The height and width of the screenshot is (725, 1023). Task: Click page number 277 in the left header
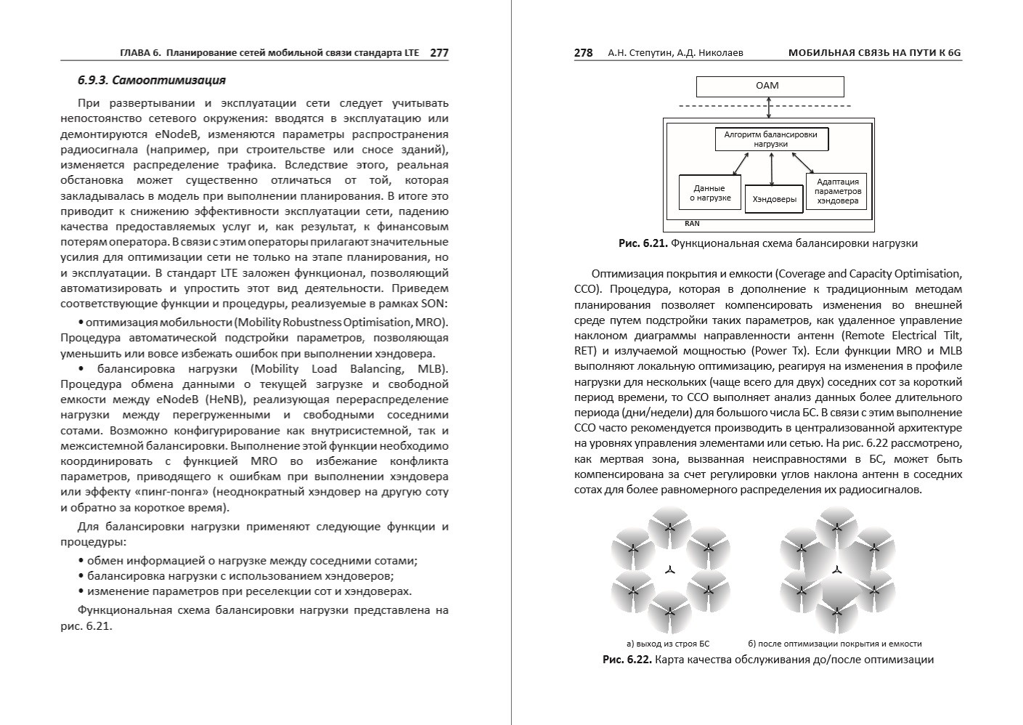[439, 52]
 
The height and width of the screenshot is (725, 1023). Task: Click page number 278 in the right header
[583, 52]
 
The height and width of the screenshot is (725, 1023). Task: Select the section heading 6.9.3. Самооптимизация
[152, 80]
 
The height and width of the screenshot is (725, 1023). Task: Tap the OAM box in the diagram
[770, 86]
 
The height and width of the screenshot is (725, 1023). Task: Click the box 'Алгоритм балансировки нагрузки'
[770, 139]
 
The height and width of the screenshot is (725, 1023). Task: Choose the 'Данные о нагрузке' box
[709, 193]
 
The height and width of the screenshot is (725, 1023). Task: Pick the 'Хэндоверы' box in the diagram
[774, 198]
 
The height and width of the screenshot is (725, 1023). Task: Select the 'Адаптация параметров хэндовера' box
[837, 191]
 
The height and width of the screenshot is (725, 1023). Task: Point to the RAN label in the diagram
[692, 224]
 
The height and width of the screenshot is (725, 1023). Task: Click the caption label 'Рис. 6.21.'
[643, 243]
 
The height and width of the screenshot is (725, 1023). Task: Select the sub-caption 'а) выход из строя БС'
[667, 644]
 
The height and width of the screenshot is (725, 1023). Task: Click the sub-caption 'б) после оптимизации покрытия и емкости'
[834, 644]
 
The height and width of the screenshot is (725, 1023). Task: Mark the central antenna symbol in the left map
[670, 570]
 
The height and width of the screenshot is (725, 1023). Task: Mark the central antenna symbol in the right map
[836, 570]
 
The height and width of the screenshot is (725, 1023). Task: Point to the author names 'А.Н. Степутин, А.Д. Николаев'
[675, 52]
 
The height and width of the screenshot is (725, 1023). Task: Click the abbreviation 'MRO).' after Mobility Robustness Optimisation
[433, 322]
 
